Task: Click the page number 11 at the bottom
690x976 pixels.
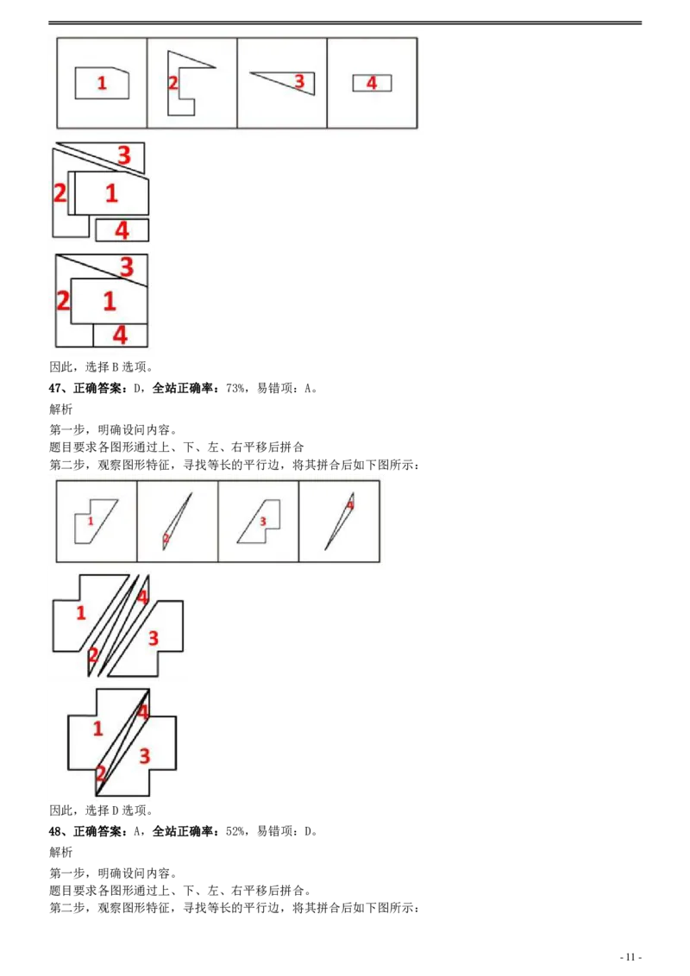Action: [x=630, y=957]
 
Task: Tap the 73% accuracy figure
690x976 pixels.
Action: [x=235, y=388]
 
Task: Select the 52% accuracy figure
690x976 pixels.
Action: [x=235, y=832]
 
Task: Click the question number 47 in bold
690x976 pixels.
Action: [x=55, y=388]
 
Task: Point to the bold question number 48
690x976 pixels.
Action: [x=55, y=832]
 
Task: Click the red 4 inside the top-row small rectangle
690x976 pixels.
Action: [x=372, y=83]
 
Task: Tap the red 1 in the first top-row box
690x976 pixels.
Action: [x=102, y=83]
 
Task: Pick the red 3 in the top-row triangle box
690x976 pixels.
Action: [x=299, y=81]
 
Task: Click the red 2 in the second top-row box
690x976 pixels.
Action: [x=173, y=83]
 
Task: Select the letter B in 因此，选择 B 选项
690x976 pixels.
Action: [x=115, y=367]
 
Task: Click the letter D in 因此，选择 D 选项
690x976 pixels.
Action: [x=115, y=810]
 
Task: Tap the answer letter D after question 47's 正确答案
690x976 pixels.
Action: [x=137, y=388]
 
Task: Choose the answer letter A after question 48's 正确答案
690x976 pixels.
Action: [x=137, y=832]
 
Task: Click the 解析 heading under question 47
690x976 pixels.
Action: [x=61, y=409]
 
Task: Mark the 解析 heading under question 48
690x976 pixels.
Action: [x=61, y=852]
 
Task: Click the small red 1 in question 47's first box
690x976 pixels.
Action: [x=91, y=521]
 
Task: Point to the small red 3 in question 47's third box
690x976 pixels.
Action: [x=263, y=521]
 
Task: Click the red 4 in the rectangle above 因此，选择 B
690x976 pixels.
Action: [x=120, y=335]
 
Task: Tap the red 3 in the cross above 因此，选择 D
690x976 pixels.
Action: [x=145, y=755]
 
